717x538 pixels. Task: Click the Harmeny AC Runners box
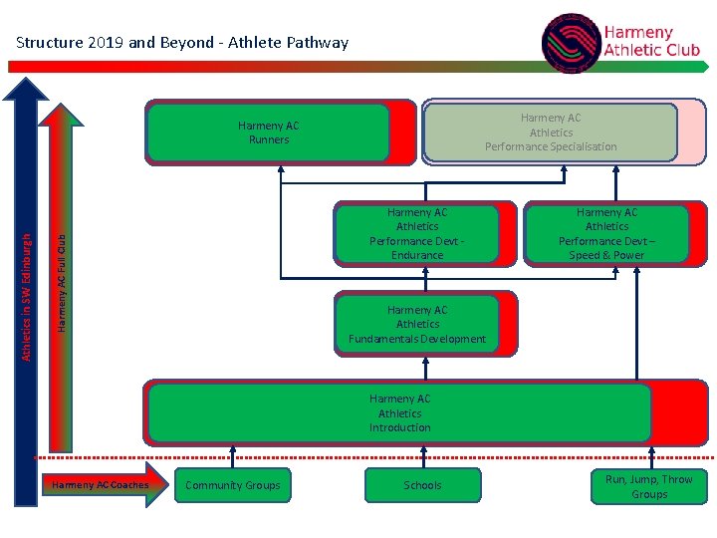click(x=268, y=133)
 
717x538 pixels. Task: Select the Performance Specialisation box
click(x=550, y=132)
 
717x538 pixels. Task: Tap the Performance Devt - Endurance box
click(x=417, y=234)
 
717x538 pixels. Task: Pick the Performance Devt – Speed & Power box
click(x=606, y=234)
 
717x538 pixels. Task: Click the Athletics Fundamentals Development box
click(x=417, y=324)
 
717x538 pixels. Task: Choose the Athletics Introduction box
click(x=399, y=412)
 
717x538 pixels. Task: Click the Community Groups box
click(x=233, y=485)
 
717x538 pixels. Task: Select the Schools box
click(x=422, y=485)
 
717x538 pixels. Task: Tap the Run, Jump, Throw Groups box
click(x=648, y=486)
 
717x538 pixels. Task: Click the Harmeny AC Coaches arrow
click(x=103, y=485)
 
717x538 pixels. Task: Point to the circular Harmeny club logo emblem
click(x=571, y=43)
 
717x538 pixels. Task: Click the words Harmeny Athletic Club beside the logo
click(x=651, y=42)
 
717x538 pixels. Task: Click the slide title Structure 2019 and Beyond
click(x=182, y=42)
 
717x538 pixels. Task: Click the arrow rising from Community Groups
click(x=233, y=455)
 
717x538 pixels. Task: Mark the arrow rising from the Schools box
click(x=425, y=455)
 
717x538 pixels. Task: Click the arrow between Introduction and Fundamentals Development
click(x=425, y=368)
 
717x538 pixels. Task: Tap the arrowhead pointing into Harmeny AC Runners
click(x=281, y=170)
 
